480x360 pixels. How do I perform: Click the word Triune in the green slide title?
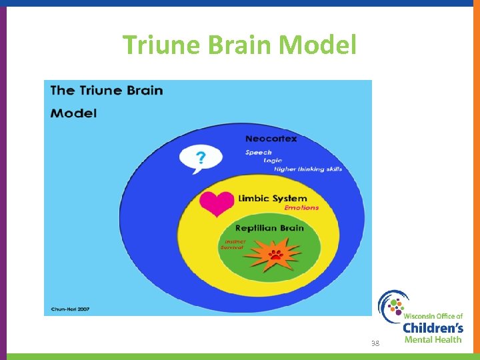(x=163, y=45)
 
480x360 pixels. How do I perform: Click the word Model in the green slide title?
(x=319, y=45)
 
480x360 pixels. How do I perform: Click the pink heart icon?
(x=217, y=203)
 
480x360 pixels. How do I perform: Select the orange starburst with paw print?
(x=274, y=255)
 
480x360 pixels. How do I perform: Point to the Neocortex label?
(x=271, y=139)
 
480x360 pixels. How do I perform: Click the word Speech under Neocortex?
(x=258, y=153)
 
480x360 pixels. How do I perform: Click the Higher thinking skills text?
(x=307, y=169)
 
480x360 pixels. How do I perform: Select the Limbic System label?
(x=273, y=198)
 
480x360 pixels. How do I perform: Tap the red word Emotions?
(x=301, y=208)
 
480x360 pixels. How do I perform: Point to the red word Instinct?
(x=235, y=241)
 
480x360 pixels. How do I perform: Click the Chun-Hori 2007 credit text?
(x=70, y=309)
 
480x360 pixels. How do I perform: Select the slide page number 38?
(x=375, y=343)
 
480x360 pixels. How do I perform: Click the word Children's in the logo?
(x=433, y=328)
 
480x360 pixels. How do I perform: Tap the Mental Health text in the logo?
(x=433, y=339)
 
